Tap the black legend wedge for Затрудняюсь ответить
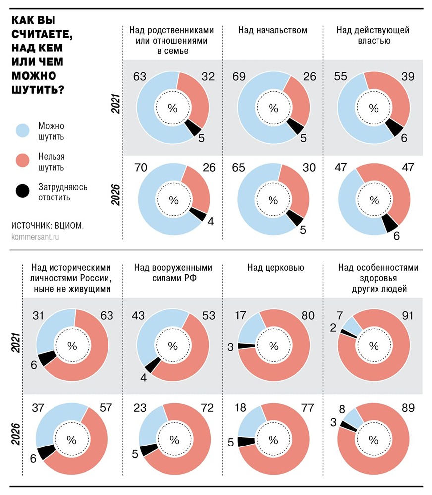click(24, 191)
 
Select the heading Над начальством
click(272, 31)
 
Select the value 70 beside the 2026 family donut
click(140, 168)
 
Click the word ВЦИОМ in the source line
click(68, 225)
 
